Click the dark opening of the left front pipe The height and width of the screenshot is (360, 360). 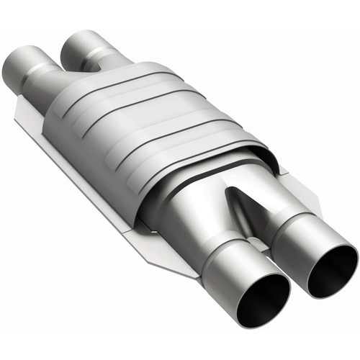254,297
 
